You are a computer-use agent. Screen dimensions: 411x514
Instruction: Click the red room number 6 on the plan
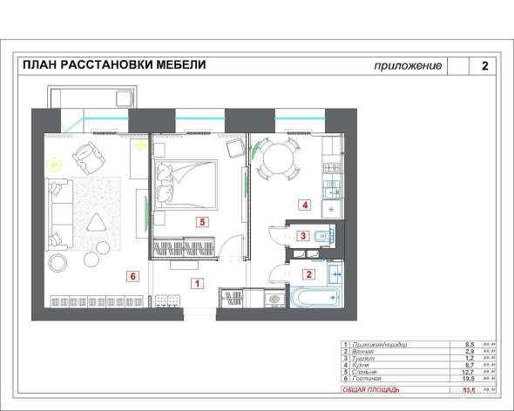coord(132,277)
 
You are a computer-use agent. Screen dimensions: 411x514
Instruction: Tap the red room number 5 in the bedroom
coord(201,222)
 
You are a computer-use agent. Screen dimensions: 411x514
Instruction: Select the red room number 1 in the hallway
coord(198,283)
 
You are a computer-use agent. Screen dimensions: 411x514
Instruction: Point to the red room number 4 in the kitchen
coord(305,205)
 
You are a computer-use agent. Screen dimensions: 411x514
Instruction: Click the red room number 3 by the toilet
coord(302,235)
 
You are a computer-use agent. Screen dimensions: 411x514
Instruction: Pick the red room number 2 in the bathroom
coord(307,273)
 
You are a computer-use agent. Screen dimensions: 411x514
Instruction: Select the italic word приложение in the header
coord(408,66)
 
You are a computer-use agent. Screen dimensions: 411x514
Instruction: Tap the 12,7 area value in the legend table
coord(471,372)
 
